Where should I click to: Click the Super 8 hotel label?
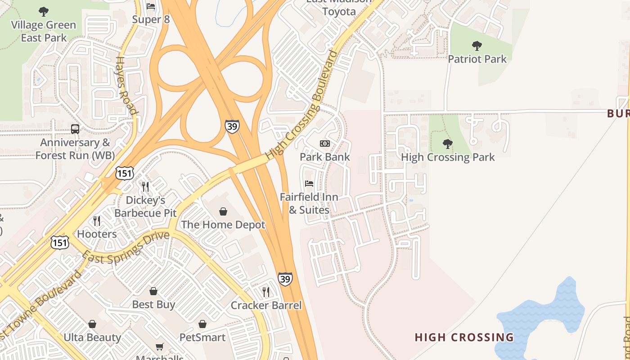pyautogui.click(x=151, y=20)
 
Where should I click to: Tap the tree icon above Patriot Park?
pyautogui.click(x=477, y=45)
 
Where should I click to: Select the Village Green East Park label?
pyautogui.click(x=44, y=31)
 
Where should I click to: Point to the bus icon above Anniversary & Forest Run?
pyautogui.click(x=75, y=129)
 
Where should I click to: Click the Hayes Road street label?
pyautogui.click(x=126, y=85)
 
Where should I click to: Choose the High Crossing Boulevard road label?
pyautogui.click(x=301, y=105)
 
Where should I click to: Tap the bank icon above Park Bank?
pyautogui.click(x=325, y=144)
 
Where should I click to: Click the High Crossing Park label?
pyautogui.click(x=447, y=157)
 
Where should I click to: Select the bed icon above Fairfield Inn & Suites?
pyautogui.click(x=309, y=184)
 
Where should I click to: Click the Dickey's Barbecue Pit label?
pyautogui.click(x=145, y=207)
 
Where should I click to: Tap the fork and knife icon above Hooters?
pyautogui.click(x=97, y=220)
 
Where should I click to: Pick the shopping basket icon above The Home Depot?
pyautogui.click(x=223, y=211)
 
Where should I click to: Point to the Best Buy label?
pyautogui.click(x=153, y=305)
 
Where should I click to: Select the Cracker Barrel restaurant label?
pyautogui.click(x=266, y=305)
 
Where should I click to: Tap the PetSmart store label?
pyautogui.click(x=202, y=337)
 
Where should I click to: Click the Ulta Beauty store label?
pyautogui.click(x=92, y=337)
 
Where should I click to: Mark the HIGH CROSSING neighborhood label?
pyautogui.click(x=464, y=337)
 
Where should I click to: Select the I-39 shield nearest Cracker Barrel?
pyautogui.click(x=285, y=279)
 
